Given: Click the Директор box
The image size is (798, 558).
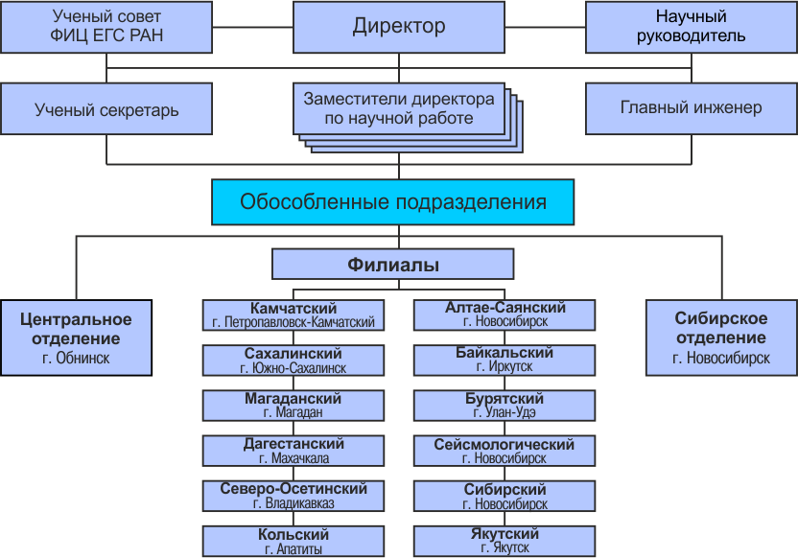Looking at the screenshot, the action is tap(398, 27).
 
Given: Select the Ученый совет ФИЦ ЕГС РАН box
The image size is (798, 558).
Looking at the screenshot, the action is tap(106, 27).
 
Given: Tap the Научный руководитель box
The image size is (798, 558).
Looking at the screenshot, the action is tap(692, 27).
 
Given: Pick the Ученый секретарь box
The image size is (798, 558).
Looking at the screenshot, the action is tap(106, 109).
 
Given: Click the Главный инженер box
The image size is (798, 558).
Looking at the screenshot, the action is tap(692, 109).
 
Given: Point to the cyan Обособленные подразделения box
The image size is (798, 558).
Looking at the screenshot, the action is tap(393, 202).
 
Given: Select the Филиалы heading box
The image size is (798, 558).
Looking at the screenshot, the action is tap(393, 264).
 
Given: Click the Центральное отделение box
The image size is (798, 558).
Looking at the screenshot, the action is tap(77, 337).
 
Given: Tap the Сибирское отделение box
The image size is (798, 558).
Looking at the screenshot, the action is tap(721, 337).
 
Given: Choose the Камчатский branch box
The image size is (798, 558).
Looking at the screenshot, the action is tap(293, 315).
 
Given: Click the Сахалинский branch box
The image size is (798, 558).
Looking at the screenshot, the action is tap(293, 360).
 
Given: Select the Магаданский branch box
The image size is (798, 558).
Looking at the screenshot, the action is tap(293, 406).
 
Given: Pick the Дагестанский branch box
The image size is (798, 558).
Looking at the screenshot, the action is tap(293, 451).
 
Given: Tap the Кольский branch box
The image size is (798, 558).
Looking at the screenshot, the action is tap(293, 541).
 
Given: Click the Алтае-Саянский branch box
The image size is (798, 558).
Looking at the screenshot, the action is tap(505, 315).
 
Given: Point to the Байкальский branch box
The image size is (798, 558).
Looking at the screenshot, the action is tap(505, 360).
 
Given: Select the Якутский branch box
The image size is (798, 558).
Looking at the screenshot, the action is tap(505, 541).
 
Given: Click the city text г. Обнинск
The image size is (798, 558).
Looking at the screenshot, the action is tap(76, 358).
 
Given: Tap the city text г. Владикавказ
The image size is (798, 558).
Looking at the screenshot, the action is tap(293, 503).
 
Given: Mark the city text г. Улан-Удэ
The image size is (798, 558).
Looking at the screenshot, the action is tap(505, 412).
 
